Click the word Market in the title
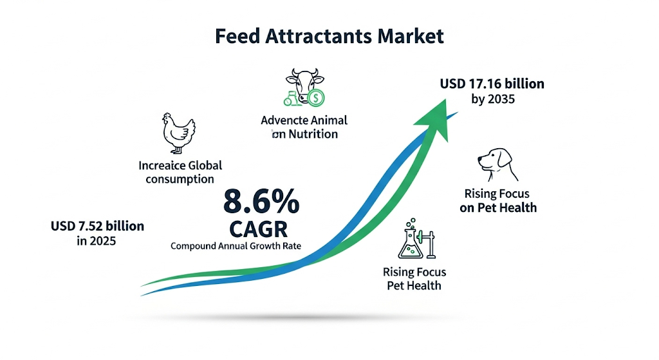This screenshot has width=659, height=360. pyautogui.click(x=410, y=36)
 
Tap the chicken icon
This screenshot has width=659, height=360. pyautogui.click(x=179, y=133)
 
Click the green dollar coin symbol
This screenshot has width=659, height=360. pyautogui.click(x=315, y=98)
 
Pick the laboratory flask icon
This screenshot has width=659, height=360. pyautogui.click(x=411, y=241)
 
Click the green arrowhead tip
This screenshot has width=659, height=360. pyautogui.click(x=445, y=100)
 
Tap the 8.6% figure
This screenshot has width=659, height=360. pyautogui.click(x=261, y=202)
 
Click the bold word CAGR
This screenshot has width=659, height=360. pyautogui.click(x=259, y=229)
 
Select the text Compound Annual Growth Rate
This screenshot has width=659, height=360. pyautogui.click(x=236, y=246)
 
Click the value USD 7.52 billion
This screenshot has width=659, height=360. pyautogui.click(x=98, y=226)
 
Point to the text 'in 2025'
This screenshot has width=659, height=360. pyautogui.click(x=97, y=241)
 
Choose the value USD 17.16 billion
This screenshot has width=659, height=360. pyautogui.click(x=492, y=84)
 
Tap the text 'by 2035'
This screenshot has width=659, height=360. pyautogui.click(x=493, y=99)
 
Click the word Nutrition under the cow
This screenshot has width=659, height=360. pyautogui.click(x=313, y=134)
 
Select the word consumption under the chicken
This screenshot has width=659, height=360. pyautogui.click(x=180, y=179)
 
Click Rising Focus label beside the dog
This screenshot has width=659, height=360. pyautogui.click(x=497, y=194)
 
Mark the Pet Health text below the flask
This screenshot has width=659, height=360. pyautogui.click(x=414, y=286)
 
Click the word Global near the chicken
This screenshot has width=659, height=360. pyautogui.click(x=205, y=166)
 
